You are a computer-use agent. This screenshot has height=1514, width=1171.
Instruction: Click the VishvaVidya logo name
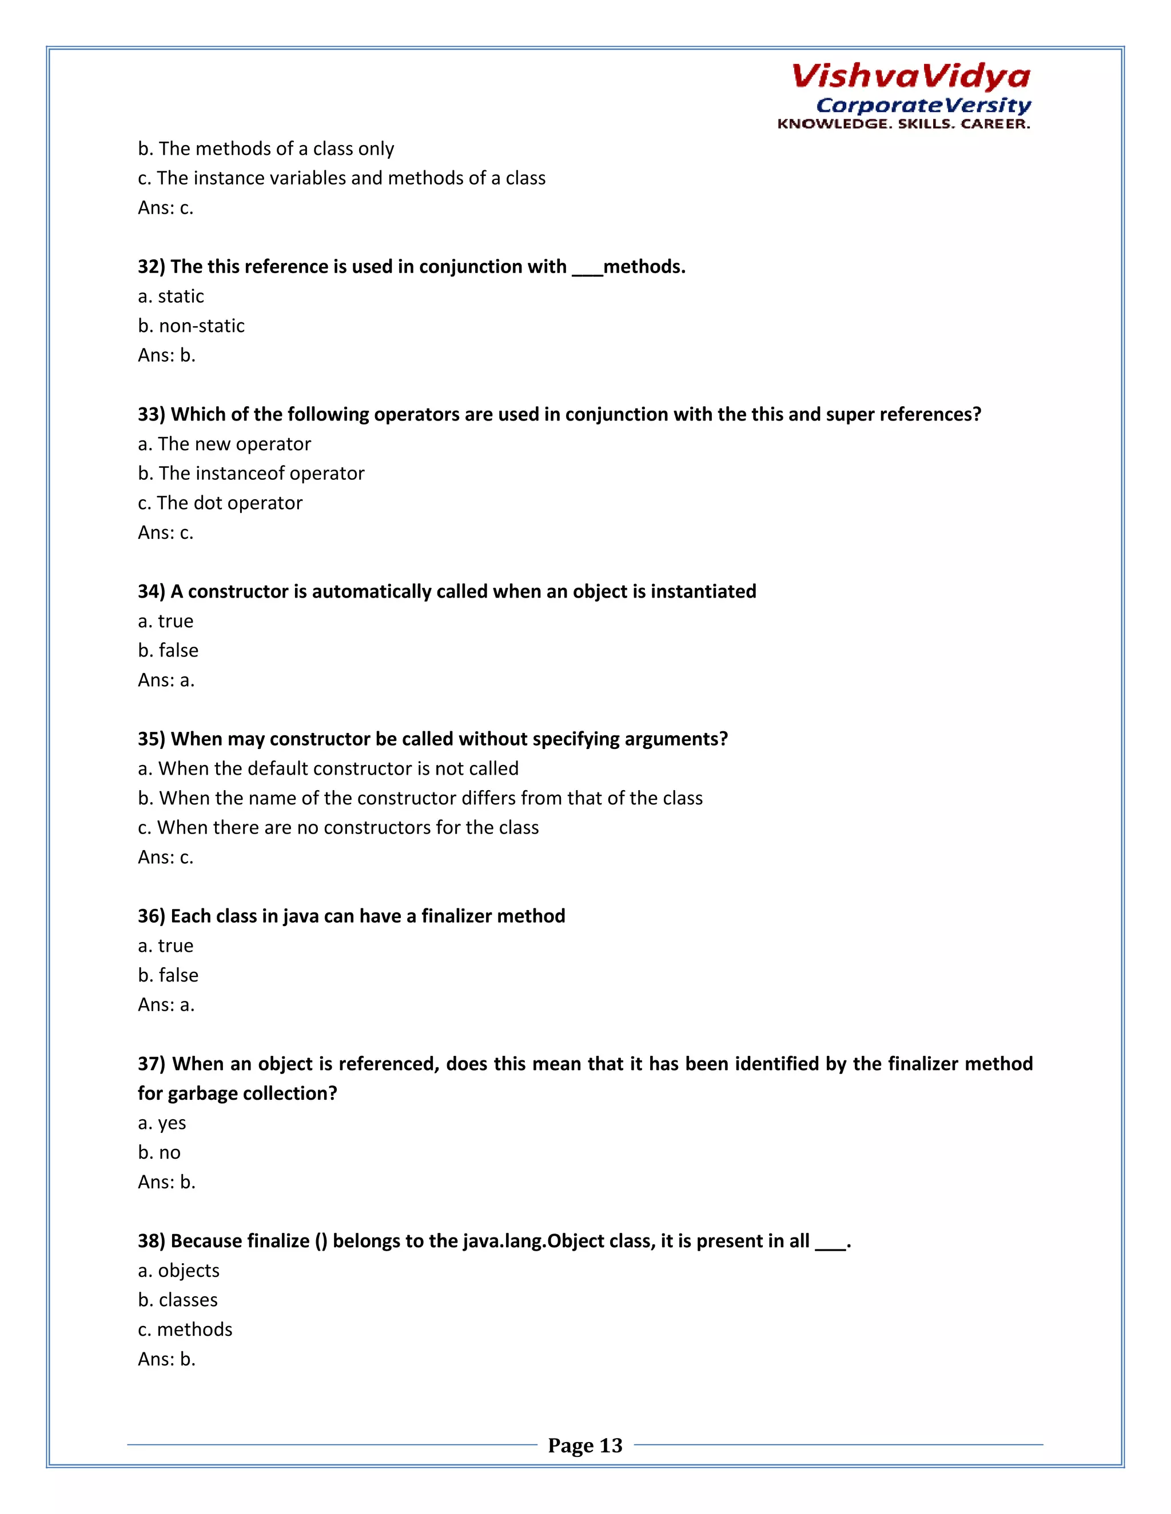[910, 76]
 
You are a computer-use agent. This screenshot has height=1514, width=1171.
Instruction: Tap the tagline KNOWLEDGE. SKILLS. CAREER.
[903, 124]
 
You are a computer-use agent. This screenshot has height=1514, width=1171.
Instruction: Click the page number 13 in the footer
[611, 1445]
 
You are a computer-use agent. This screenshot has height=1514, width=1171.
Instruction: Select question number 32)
[151, 267]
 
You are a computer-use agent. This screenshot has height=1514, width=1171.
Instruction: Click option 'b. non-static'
[191, 326]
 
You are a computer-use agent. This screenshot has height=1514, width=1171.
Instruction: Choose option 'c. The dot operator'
[220, 503]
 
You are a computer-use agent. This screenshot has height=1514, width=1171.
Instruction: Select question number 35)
[151, 739]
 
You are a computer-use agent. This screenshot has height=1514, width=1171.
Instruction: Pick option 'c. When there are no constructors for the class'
[338, 828]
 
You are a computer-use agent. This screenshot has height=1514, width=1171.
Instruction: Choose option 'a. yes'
[162, 1123]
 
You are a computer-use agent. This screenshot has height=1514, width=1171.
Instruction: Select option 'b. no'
[159, 1153]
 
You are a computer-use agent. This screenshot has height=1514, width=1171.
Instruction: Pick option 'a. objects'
[178, 1271]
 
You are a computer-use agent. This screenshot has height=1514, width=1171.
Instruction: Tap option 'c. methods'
[185, 1329]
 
